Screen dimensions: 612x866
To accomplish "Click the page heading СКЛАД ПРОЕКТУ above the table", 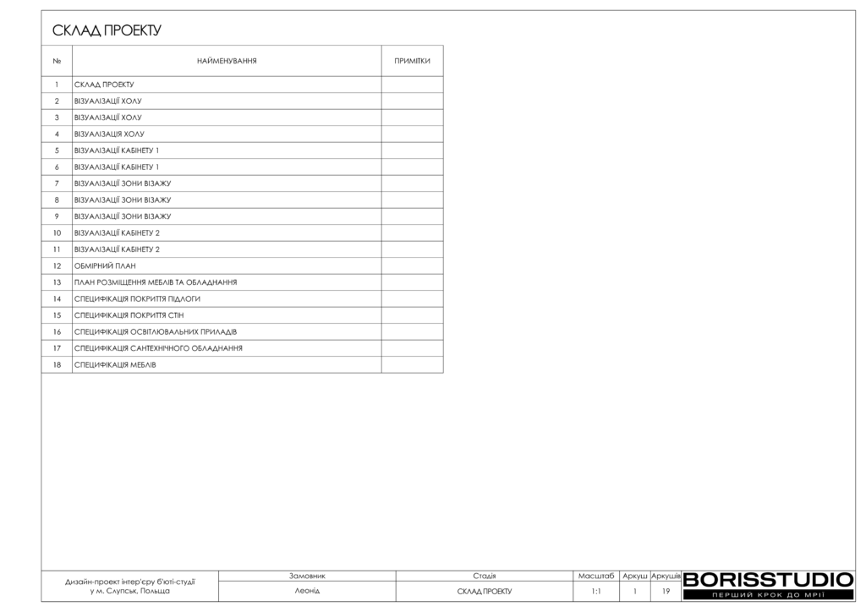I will click(x=107, y=31).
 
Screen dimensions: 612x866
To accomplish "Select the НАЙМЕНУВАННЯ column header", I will click(x=227, y=61).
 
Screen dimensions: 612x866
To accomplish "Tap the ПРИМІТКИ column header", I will click(x=412, y=61).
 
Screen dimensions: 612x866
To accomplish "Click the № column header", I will click(x=57, y=61).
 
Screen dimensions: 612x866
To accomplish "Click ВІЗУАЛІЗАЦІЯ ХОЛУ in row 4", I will click(x=109, y=134).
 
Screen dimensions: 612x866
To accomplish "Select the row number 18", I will click(x=57, y=364).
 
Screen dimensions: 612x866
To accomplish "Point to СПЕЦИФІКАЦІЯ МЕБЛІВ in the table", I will click(x=115, y=364).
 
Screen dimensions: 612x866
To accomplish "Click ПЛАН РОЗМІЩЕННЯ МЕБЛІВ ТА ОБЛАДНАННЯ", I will click(x=155, y=282).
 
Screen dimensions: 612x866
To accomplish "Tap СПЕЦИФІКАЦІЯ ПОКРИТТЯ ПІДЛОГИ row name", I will click(x=137, y=298).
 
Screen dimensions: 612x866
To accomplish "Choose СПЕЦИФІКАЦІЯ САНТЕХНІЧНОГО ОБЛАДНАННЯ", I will click(x=158, y=348).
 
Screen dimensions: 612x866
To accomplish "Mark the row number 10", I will click(x=57, y=232).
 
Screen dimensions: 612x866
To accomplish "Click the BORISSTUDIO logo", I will click(x=768, y=580).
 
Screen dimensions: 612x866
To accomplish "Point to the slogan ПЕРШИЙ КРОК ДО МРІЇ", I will click(x=768, y=596).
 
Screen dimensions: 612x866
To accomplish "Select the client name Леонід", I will click(x=307, y=591).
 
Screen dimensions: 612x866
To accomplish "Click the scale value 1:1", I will click(x=596, y=592).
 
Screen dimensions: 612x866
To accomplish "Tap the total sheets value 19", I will click(x=666, y=592).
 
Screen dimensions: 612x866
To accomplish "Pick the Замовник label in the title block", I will click(x=307, y=576).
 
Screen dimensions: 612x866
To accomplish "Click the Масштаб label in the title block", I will click(x=596, y=576).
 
